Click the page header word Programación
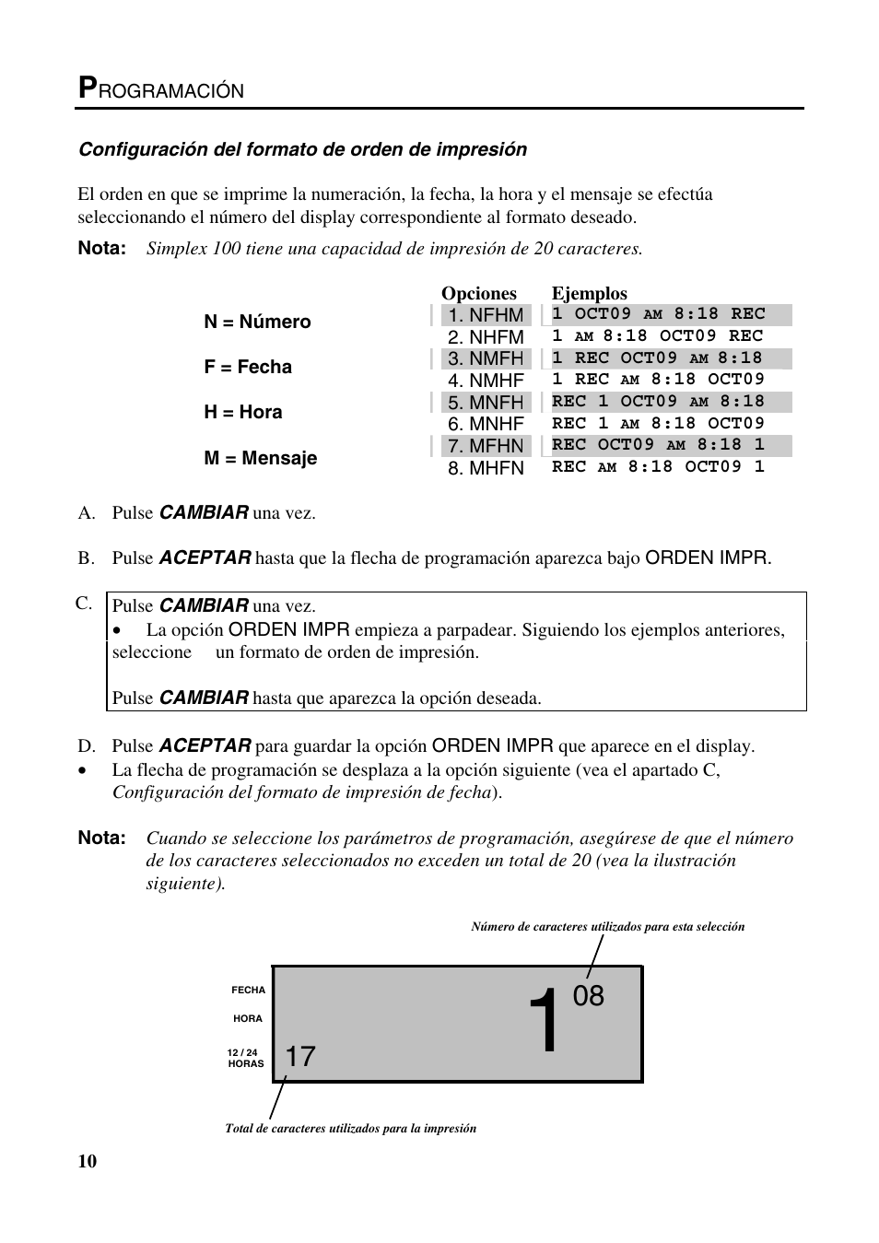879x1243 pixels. pos(161,88)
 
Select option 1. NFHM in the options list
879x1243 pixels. pos(486,315)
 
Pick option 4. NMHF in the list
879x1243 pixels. pos(486,381)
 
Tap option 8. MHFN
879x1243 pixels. pos(486,468)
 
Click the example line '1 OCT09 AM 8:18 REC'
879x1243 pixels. pos(659,314)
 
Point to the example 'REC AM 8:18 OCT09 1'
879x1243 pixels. pos(658,467)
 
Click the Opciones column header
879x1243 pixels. pos(478,294)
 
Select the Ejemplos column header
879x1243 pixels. pos(589,294)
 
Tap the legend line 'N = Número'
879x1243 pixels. pos(257,322)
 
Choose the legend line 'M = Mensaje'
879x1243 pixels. pos(260,458)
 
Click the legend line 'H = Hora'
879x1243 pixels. pos(243,412)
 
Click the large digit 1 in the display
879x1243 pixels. pos(545,1022)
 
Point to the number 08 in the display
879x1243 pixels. pos(589,996)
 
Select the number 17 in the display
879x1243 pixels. pos(300,1057)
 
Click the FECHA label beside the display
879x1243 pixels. pos(248,990)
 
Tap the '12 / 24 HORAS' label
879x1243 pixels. pos(245,1058)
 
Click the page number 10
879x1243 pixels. pos(87,1161)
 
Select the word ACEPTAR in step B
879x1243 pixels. pos(205,557)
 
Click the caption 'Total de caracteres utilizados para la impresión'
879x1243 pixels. pos(350,1128)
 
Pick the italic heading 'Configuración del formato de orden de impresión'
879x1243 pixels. pos(302,149)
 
